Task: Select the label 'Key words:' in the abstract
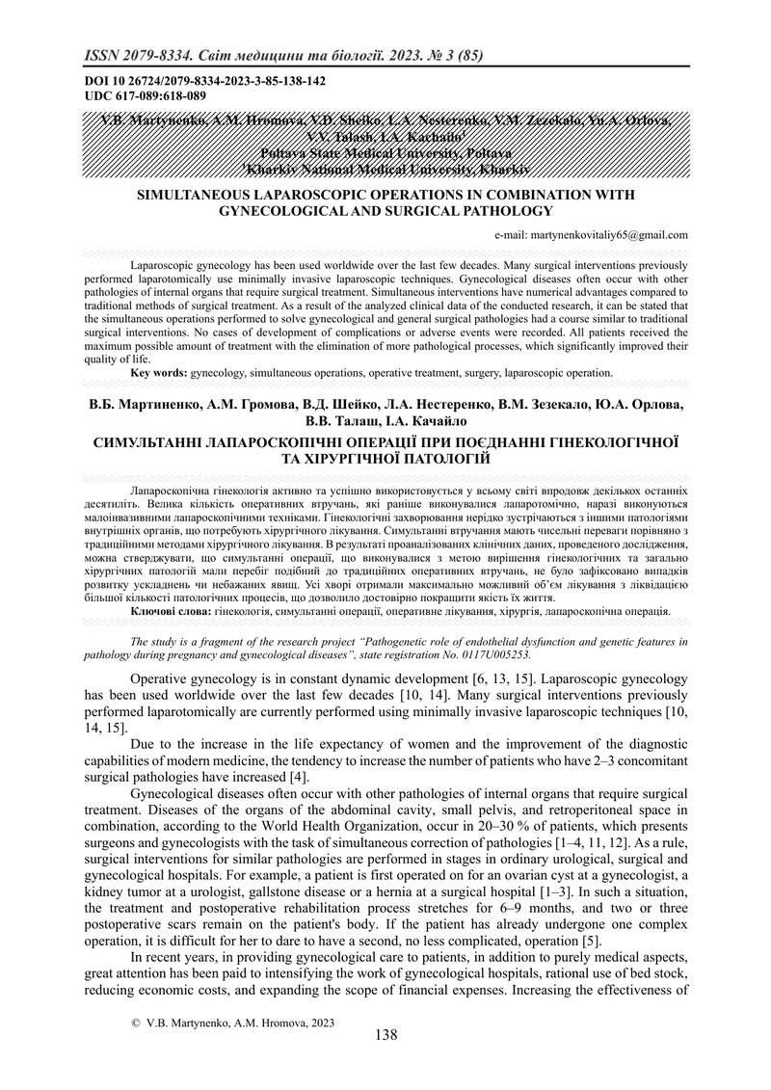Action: coord(159,371)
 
